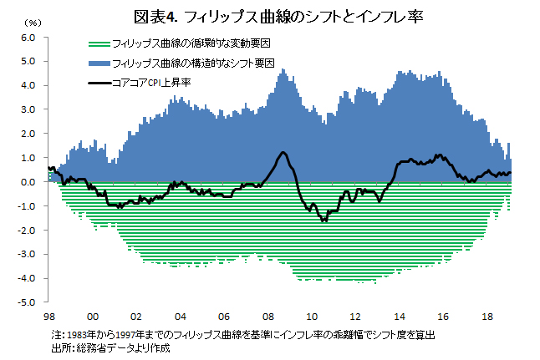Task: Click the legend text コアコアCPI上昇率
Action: click(157, 83)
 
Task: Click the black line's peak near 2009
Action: click(283, 153)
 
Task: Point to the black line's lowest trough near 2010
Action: click(323, 221)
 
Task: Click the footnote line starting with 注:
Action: click(242, 334)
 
